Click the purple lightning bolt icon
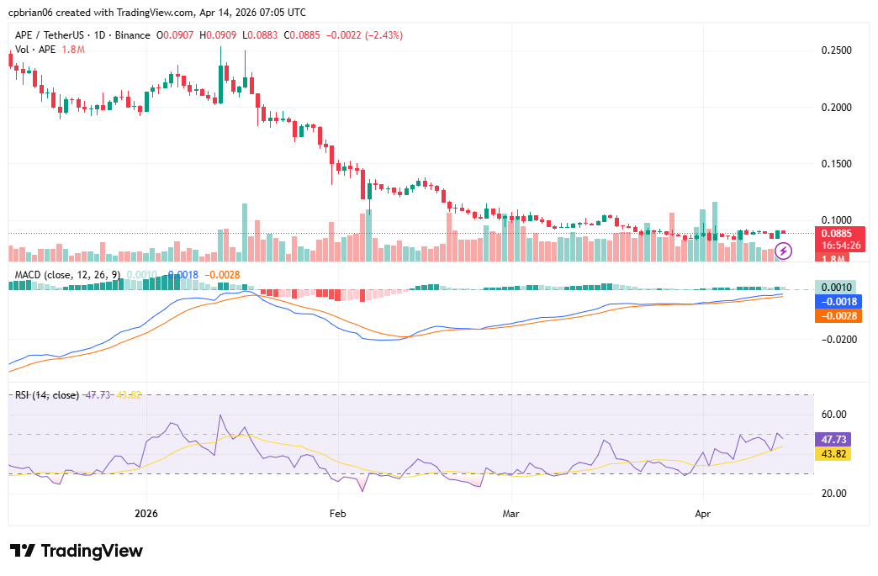pos(784,250)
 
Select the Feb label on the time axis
pos(337,513)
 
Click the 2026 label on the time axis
pos(146,513)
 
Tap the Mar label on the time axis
pos(510,513)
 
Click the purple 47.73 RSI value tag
pos(834,439)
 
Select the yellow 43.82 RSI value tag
pos(834,453)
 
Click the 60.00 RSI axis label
pos(833,415)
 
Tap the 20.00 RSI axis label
pos(833,494)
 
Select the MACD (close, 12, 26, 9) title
pos(67,274)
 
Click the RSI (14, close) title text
pos(47,395)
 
